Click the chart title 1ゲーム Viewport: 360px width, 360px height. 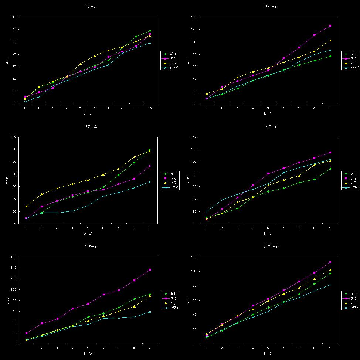91,7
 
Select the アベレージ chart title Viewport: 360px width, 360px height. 271,246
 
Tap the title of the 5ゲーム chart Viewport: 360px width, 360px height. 91,246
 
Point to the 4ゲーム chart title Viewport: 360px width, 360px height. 271,126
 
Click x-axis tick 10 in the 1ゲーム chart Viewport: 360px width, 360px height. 150,108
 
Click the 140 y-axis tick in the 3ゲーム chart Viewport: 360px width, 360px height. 13,137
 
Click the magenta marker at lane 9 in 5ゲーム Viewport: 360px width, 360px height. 150,270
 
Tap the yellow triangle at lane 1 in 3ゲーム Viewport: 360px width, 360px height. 26,206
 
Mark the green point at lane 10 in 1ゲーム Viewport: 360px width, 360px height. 150,31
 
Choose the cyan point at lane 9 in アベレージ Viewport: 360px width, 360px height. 330,285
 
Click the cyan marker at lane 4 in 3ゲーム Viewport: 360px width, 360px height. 72,211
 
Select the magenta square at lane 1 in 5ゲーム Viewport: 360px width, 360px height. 26,333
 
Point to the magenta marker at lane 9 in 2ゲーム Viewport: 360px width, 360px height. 330,26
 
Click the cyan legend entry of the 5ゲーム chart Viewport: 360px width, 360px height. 170,308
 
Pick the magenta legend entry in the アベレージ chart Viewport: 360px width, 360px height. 350,298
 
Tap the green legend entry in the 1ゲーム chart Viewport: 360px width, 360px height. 170,54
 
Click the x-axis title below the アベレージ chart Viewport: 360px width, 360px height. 269,353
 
